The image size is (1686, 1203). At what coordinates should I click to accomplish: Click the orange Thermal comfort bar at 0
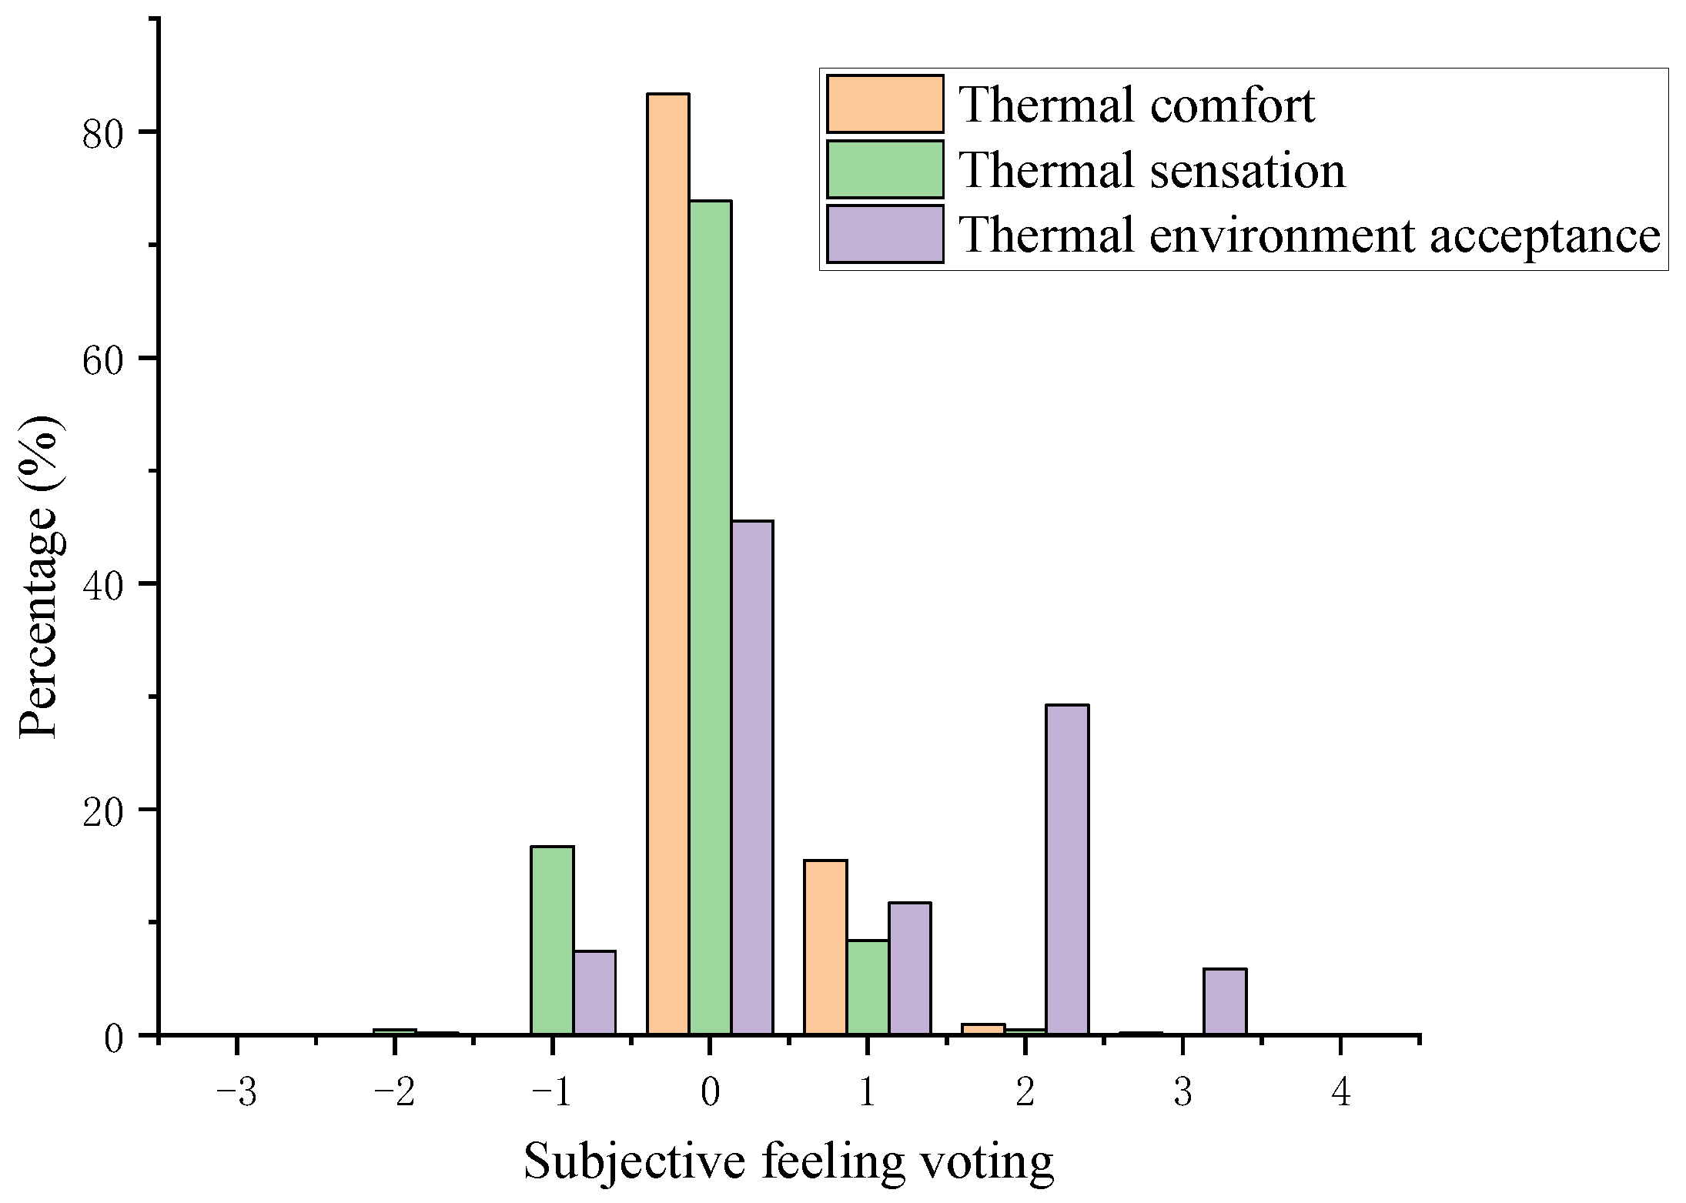pyautogui.click(x=667, y=564)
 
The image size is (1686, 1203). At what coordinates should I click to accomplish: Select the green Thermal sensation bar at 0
pyautogui.click(x=710, y=618)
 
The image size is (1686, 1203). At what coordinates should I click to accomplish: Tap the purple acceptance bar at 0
pyautogui.click(x=752, y=777)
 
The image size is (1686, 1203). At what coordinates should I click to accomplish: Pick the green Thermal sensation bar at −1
pyautogui.click(x=552, y=941)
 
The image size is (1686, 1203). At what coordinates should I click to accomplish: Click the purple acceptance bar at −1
pyautogui.click(x=594, y=993)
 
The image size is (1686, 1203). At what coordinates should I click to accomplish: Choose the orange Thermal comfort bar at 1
pyautogui.click(x=825, y=947)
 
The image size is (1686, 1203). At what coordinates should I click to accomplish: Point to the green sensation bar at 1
pyautogui.click(x=868, y=987)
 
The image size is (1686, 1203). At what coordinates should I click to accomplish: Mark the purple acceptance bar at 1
pyautogui.click(x=910, y=968)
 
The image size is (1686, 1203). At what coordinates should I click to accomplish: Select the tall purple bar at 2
pyautogui.click(x=1067, y=870)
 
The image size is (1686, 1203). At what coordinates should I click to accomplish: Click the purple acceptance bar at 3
pyautogui.click(x=1225, y=1001)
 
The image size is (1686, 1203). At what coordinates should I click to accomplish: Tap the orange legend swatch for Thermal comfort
pyautogui.click(x=885, y=104)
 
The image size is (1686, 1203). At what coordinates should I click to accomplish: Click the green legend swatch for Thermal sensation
pyautogui.click(x=885, y=169)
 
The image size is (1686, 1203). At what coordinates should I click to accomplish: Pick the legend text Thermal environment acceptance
pyautogui.click(x=1310, y=235)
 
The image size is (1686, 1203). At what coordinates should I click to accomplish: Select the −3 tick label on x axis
pyautogui.click(x=237, y=1091)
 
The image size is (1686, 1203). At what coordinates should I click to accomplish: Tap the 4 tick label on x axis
pyautogui.click(x=1341, y=1091)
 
